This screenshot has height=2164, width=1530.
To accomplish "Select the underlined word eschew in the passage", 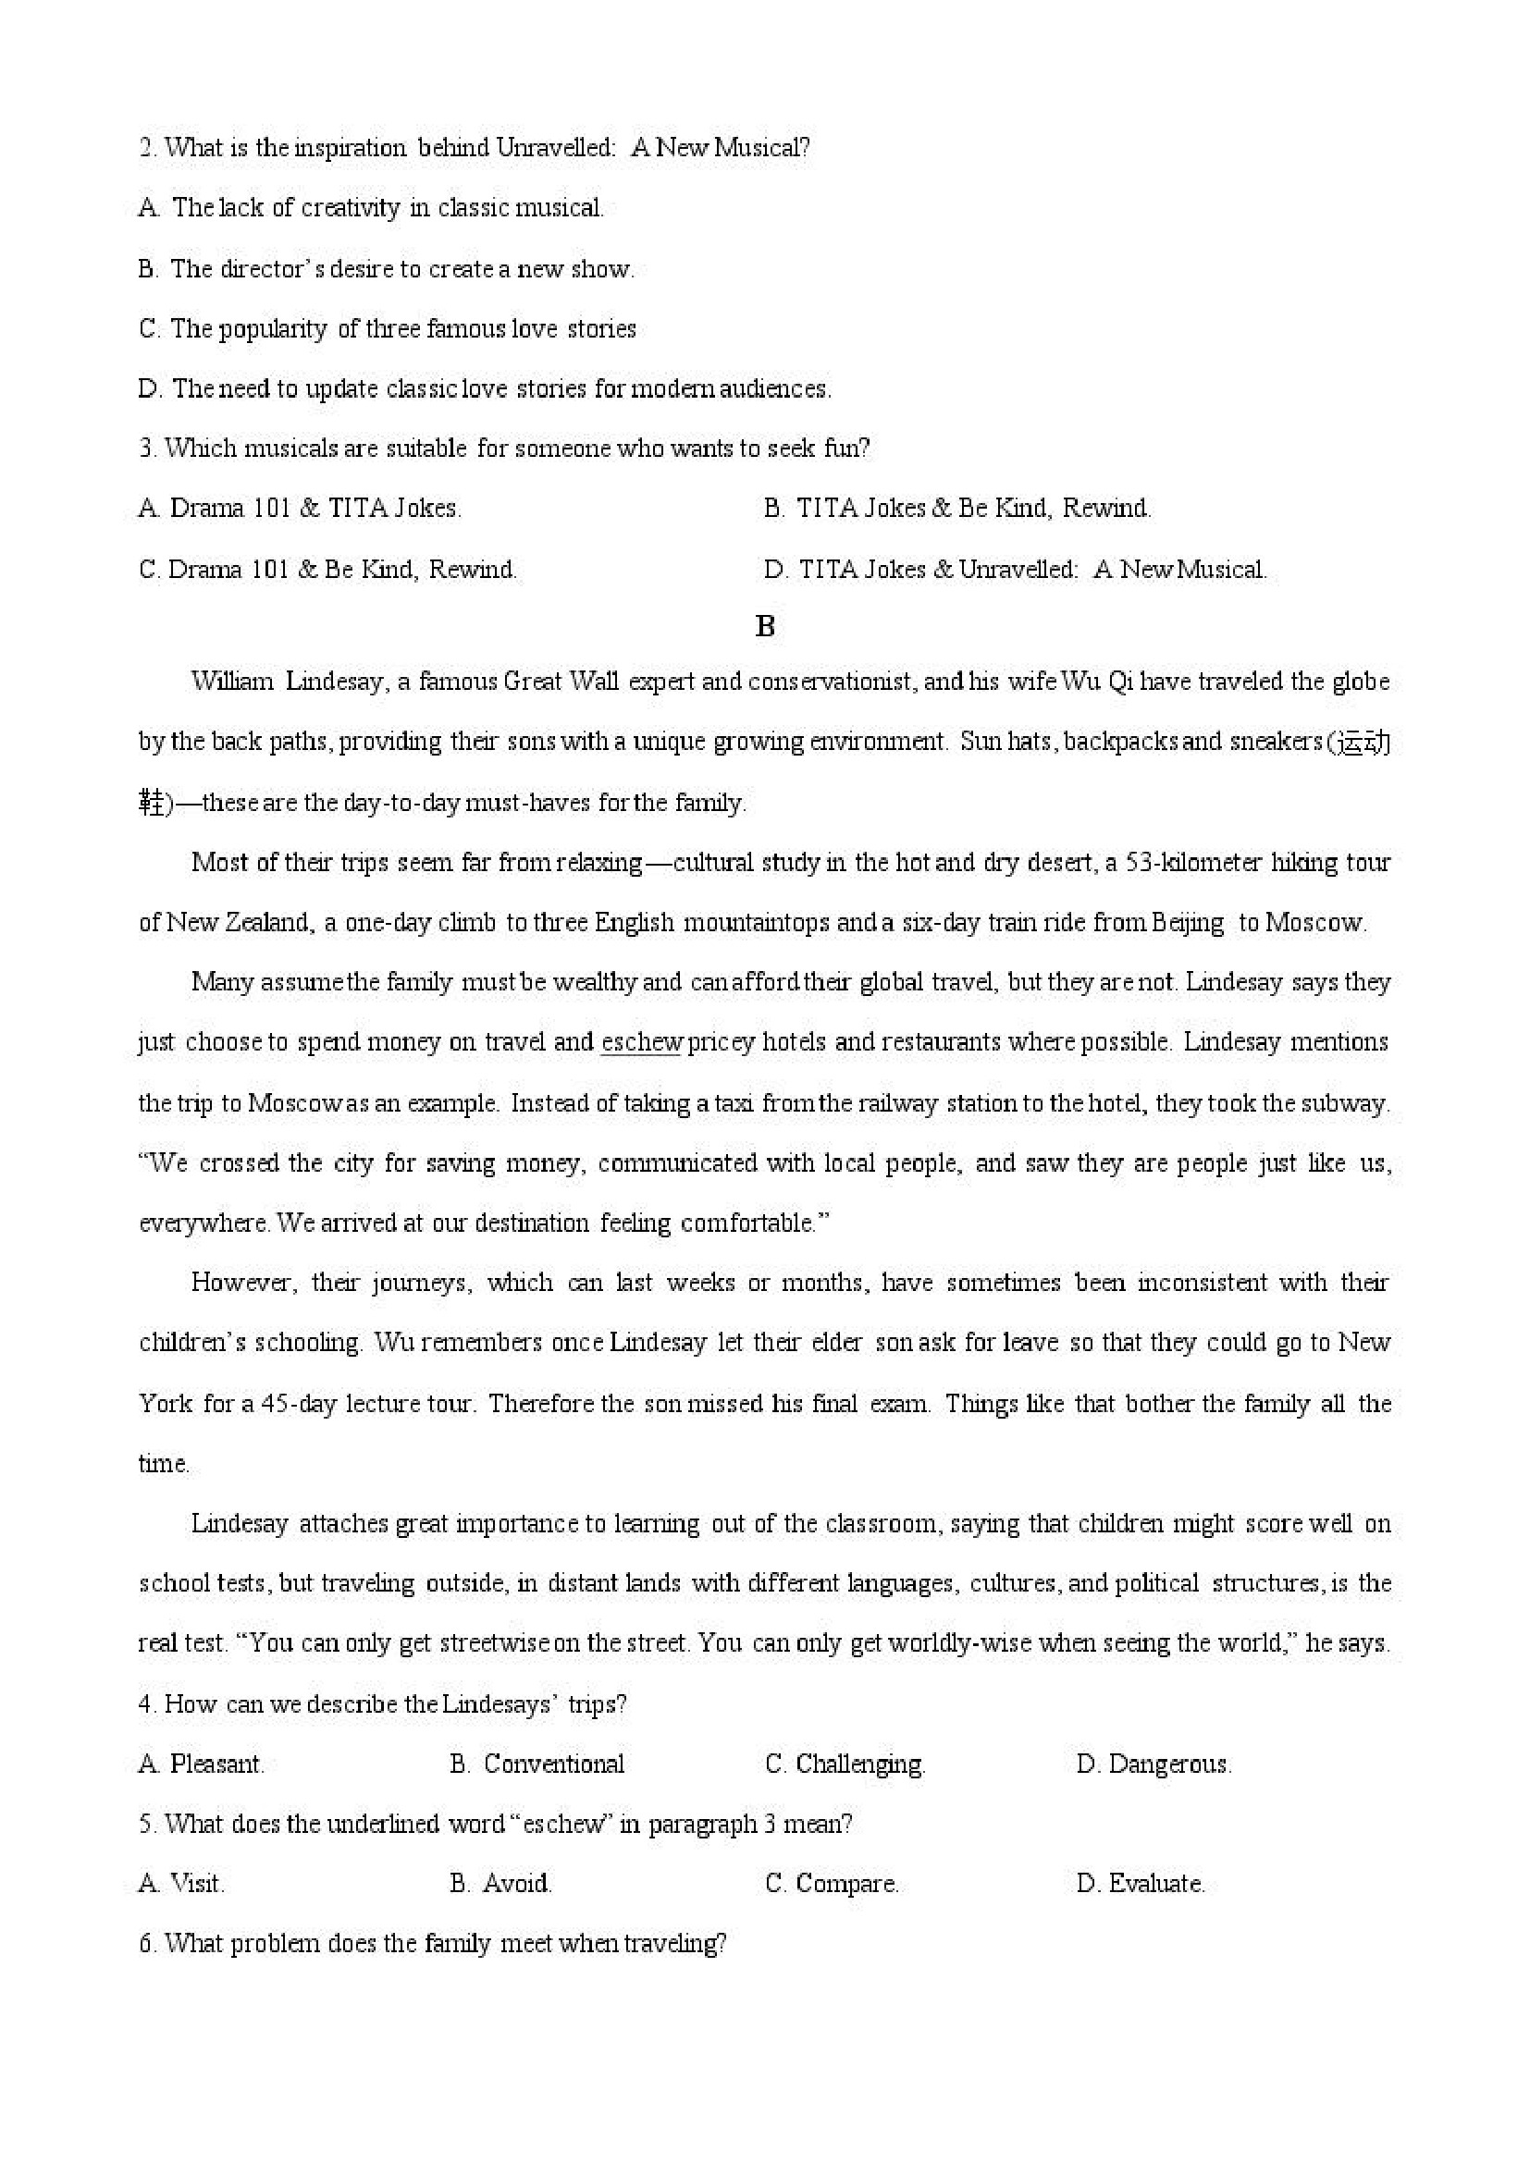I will coord(641,1042).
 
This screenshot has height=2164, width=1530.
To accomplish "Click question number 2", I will coord(146,148).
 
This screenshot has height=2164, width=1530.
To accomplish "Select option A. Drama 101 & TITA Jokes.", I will coord(300,509).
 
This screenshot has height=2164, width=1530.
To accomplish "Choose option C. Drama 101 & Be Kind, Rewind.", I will coord(328,570).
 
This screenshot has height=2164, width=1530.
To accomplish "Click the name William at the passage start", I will coord(232,682).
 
